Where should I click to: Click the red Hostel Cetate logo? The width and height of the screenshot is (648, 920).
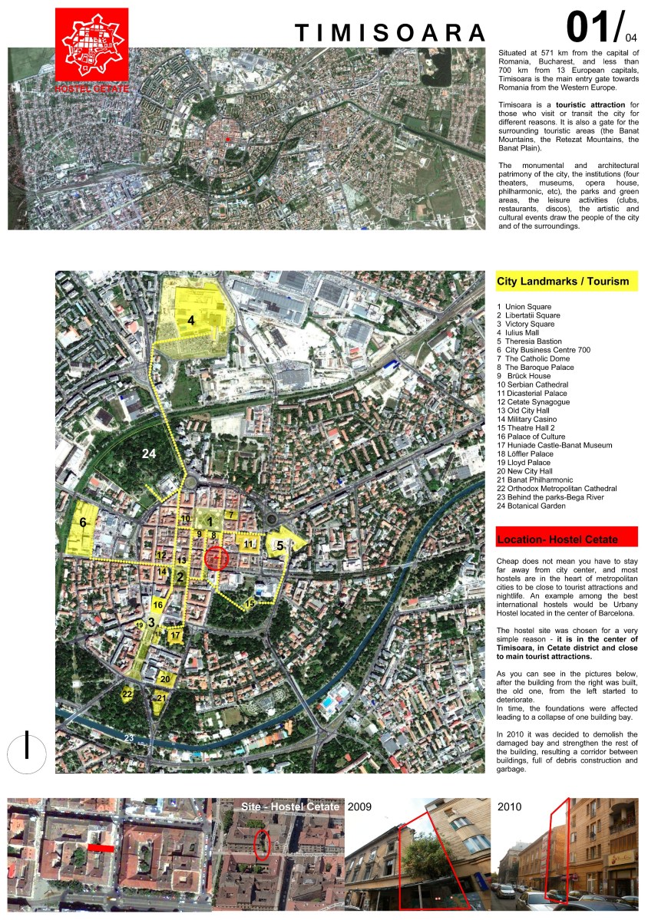click(x=91, y=49)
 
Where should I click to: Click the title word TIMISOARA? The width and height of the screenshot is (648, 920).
click(x=391, y=32)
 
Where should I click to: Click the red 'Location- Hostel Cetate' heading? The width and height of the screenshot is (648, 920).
click(x=557, y=539)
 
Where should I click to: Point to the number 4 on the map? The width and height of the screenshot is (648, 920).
click(x=191, y=320)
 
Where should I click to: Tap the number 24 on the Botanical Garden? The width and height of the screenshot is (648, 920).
click(x=149, y=454)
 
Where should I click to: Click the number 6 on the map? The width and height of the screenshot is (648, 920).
click(x=83, y=523)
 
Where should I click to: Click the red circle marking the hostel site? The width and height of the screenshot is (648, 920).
click(x=217, y=558)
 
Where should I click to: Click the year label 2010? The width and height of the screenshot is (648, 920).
click(x=510, y=807)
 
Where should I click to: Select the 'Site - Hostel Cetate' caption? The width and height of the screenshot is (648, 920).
click(x=289, y=806)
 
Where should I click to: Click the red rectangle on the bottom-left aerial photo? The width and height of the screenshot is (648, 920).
click(x=101, y=848)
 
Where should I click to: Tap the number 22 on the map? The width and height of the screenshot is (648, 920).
click(x=127, y=694)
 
